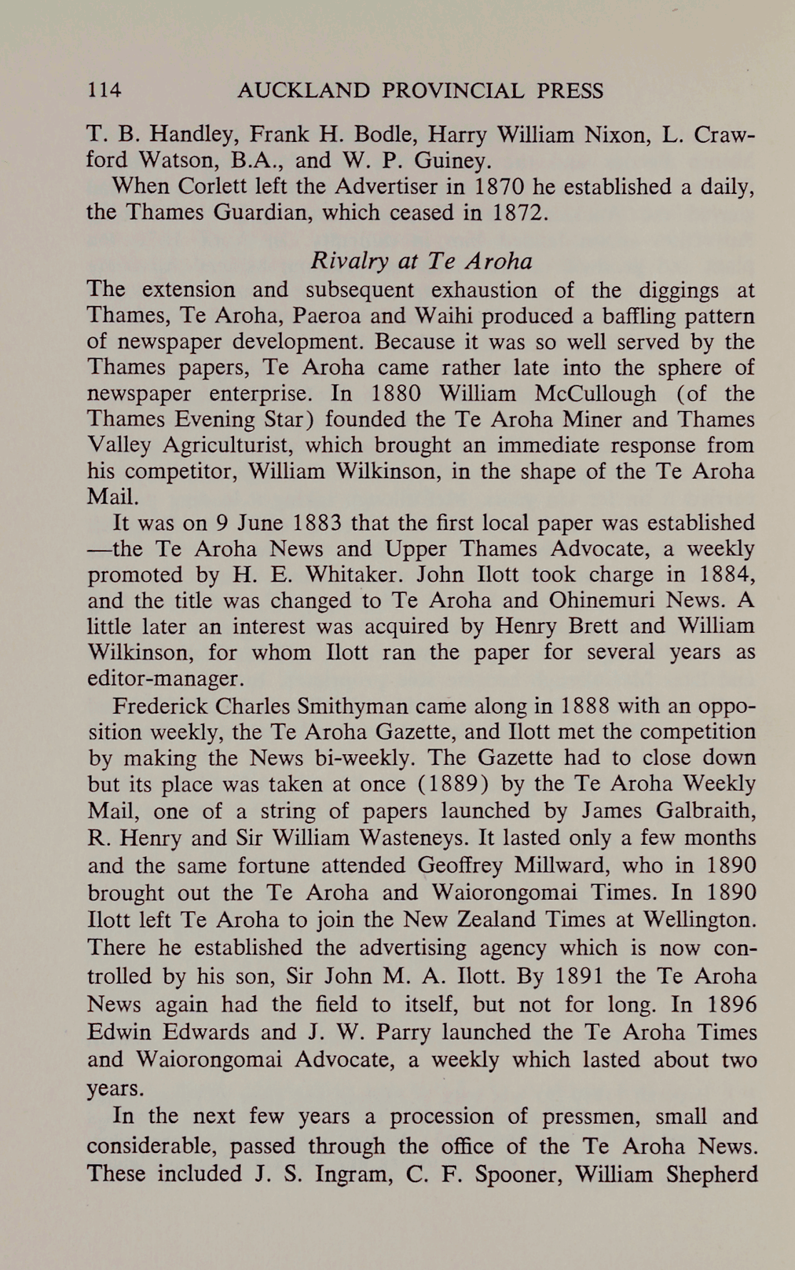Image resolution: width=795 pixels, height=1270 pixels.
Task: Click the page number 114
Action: tap(104, 91)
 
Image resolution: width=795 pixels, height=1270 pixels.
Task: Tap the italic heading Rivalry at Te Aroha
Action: tap(421, 261)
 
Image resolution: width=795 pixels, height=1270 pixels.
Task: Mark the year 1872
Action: tap(519, 212)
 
